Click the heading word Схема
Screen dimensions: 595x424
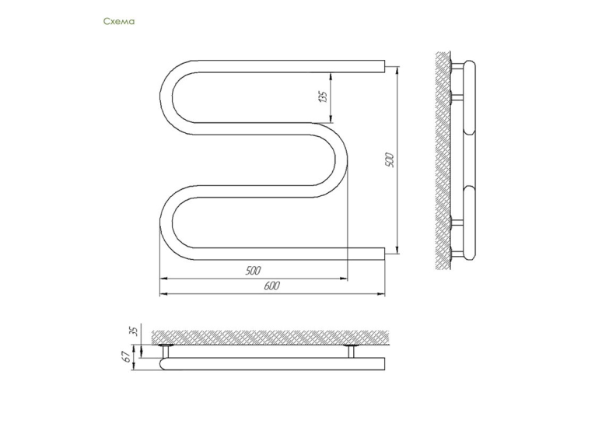(119, 21)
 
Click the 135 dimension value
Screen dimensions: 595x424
(323, 96)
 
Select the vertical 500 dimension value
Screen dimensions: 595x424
(390, 160)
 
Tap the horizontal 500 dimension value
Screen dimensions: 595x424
(253, 271)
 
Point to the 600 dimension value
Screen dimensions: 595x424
(272, 286)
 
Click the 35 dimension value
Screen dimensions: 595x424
(134, 331)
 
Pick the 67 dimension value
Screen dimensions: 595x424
(127, 356)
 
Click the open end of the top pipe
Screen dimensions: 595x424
(384, 66)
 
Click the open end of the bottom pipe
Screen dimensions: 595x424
(384, 254)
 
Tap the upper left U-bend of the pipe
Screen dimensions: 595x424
(166, 97)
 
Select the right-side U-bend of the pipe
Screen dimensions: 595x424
(341, 159)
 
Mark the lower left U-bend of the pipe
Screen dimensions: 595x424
(166, 223)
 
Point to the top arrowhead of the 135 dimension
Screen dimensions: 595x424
(331, 76)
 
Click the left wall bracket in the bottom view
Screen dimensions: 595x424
(166, 351)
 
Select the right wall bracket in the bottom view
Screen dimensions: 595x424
(351, 351)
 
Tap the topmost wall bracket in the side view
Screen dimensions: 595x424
(457, 66)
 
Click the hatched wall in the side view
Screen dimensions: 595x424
(443, 160)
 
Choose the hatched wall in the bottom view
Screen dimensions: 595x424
(270, 338)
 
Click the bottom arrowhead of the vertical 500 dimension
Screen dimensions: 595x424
(397, 249)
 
